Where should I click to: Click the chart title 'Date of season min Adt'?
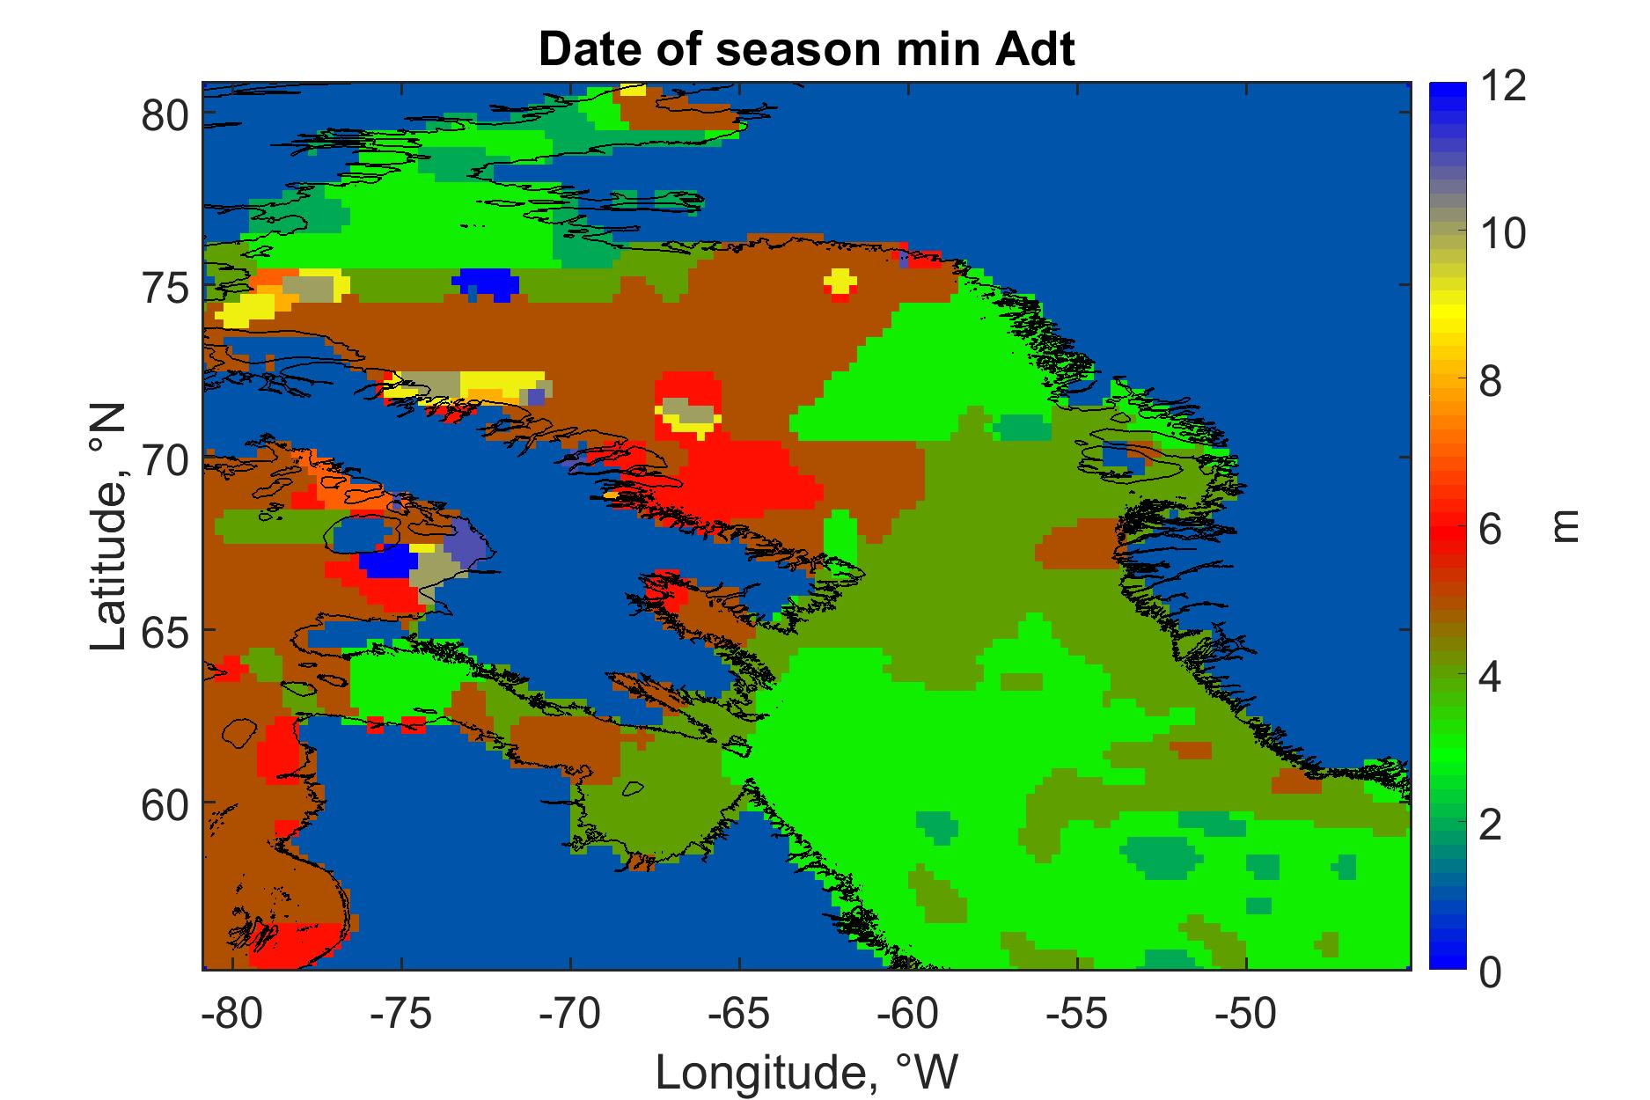[x=806, y=51]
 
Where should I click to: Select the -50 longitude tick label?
[x=1246, y=1013]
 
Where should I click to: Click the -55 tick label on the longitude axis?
[x=1077, y=1013]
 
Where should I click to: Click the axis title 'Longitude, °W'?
[x=806, y=1071]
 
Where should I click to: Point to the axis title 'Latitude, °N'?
[x=109, y=528]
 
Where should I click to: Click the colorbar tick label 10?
[x=1502, y=234]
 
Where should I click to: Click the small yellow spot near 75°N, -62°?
[x=840, y=282]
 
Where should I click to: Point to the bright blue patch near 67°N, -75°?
[x=388, y=561]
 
